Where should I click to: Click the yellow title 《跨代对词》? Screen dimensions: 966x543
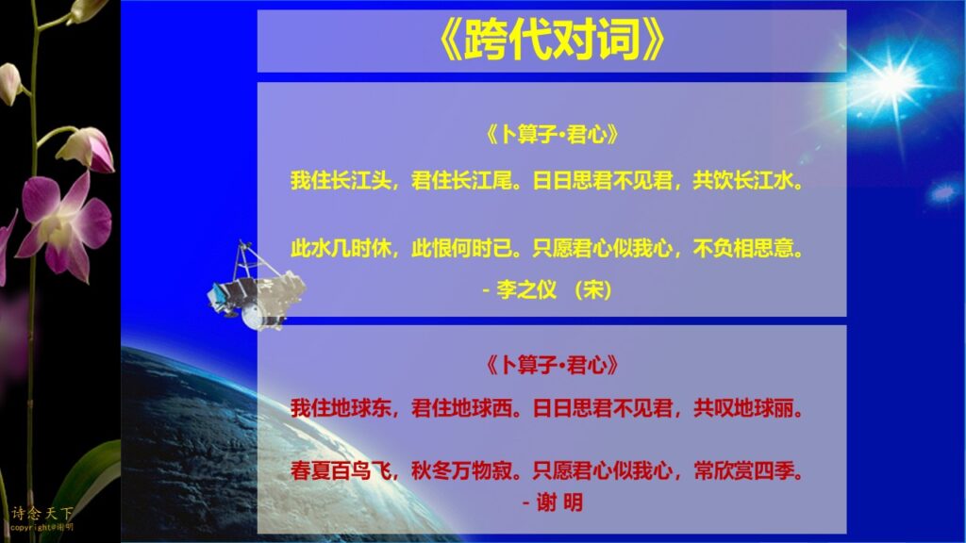pos(552,41)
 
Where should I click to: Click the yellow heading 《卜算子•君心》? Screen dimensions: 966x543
pos(552,134)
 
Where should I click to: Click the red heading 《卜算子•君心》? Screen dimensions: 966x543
pos(552,365)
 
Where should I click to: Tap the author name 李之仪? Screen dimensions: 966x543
pos(526,289)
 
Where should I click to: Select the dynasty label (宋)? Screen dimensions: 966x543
pos(592,289)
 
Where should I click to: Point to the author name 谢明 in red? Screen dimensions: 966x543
pos(559,502)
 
